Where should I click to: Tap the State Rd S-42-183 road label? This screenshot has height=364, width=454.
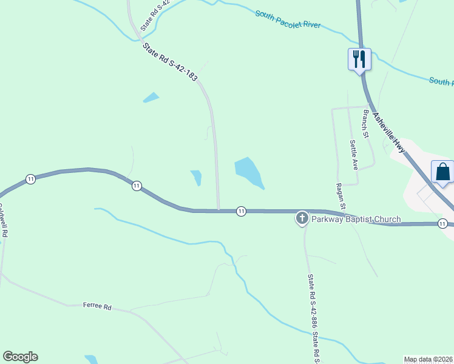click(x=170, y=61)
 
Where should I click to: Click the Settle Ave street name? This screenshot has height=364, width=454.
click(x=354, y=155)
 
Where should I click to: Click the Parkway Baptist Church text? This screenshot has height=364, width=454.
click(x=356, y=219)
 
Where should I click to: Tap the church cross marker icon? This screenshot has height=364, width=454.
click(x=302, y=218)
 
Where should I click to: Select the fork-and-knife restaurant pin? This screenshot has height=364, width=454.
click(x=359, y=59)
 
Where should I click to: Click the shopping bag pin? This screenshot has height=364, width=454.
click(x=442, y=172)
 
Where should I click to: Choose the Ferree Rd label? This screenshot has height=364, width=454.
click(x=97, y=307)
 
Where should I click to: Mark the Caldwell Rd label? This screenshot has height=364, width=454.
click(x=3, y=220)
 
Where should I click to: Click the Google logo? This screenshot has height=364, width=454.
click(x=20, y=357)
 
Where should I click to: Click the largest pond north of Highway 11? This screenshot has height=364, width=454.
click(x=249, y=172)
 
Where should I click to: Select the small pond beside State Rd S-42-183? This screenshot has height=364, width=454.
click(x=151, y=97)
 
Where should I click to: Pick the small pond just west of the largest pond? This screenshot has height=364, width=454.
click(x=196, y=177)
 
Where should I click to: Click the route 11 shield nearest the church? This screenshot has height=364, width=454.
click(x=241, y=211)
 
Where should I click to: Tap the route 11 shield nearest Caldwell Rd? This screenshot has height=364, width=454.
click(x=30, y=178)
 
